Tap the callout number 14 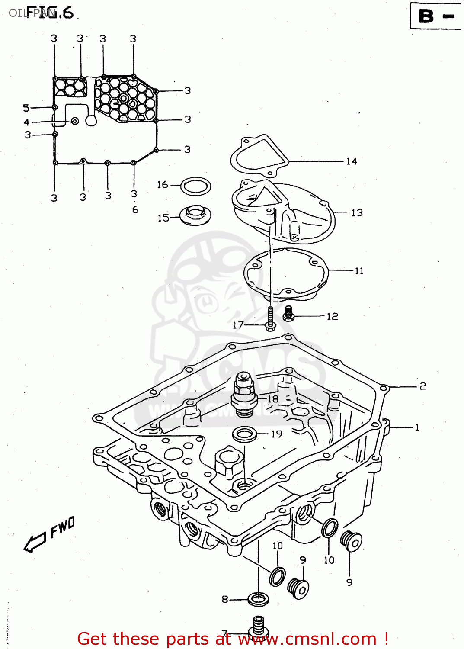click(x=351, y=161)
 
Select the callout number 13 click(x=357, y=212)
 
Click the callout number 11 click(x=359, y=271)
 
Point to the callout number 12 click(x=332, y=316)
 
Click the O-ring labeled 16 click(x=195, y=186)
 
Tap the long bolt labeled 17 click(x=270, y=319)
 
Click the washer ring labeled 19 click(x=245, y=434)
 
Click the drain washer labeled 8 click(x=259, y=599)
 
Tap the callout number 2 click(x=422, y=386)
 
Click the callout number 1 click(x=417, y=427)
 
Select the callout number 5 click(x=26, y=107)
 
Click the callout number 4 click(x=26, y=122)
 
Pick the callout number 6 click(x=135, y=210)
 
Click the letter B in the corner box click(x=426, y=16)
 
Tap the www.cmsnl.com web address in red click(x=307, y=639)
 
